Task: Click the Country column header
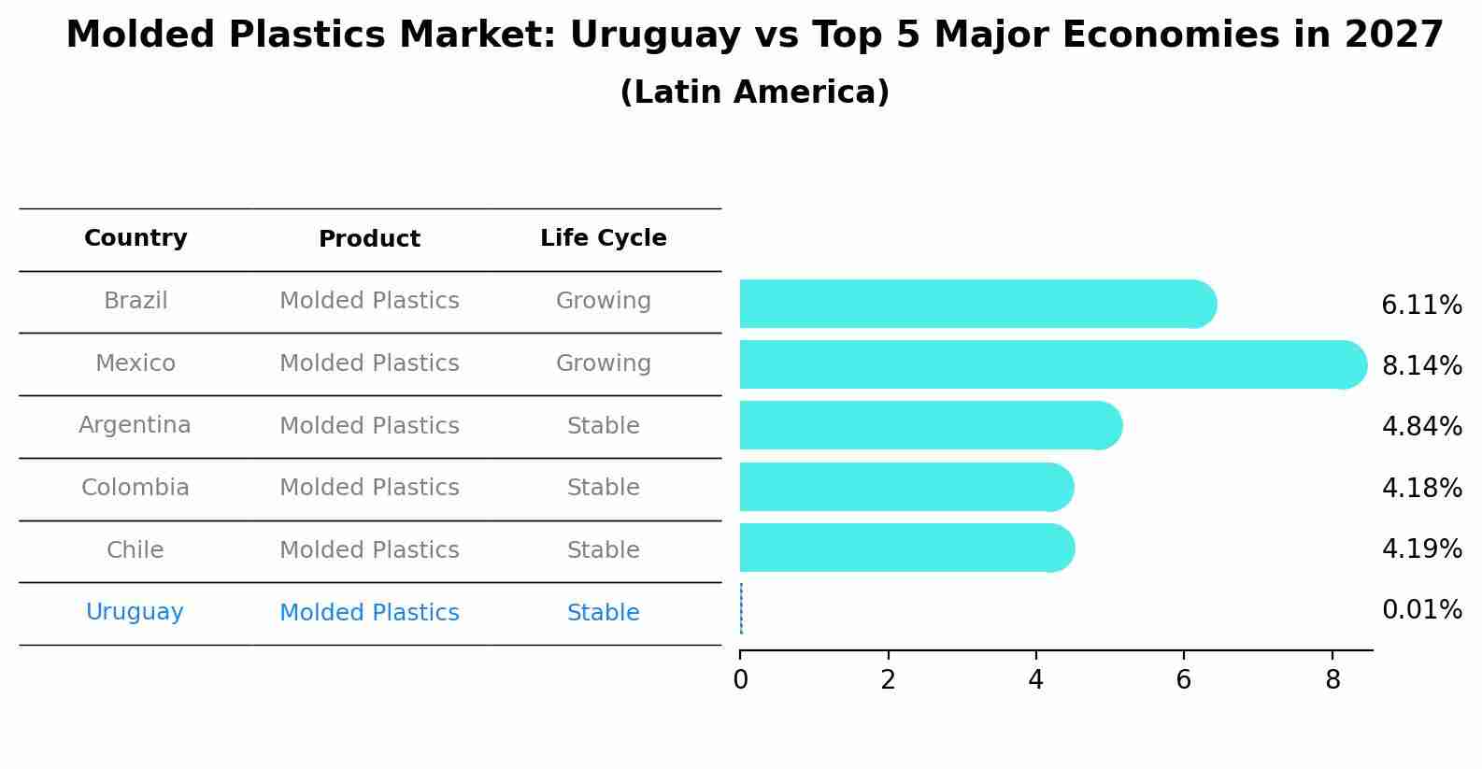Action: (x=135, y=238)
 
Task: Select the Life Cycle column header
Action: (x=603, y=238)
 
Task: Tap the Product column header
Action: (x=369, y=239)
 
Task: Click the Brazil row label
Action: (x=135, y=301)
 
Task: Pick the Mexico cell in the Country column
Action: (x=135, y=363)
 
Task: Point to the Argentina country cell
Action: (x=135, y=425)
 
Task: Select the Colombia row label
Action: (x=135, y=488)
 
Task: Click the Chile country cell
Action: (x=135, y=550)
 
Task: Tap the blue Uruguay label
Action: (x=135, y=612)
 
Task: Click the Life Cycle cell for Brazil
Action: (x=603, y=301)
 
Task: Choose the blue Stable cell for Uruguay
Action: (x=603, y=613)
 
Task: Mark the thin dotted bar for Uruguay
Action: (x=741, y=609)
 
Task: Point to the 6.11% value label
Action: (x=1421, y=306)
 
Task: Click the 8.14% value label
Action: (x=1421, y=365)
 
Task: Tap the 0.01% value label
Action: (x=1421, y=610)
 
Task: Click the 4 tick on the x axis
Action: (x=1035, y=680)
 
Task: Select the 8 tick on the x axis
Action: (x=1332, y=680)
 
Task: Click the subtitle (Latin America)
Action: (x=754, y=93)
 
